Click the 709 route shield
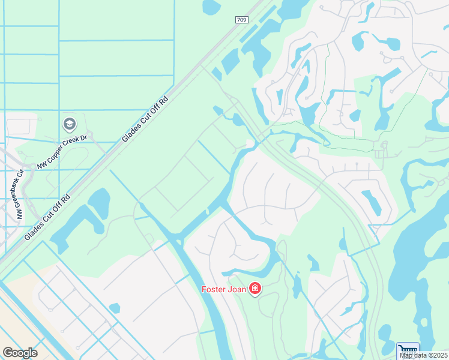click(241, 20)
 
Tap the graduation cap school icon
click(70, 124)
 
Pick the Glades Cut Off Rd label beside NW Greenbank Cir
click(47, 217)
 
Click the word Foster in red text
click(214, 290)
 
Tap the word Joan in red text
click(238, 290)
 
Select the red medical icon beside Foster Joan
click(255, 289)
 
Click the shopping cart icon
click(408, 350)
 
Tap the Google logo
click(20, 353)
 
